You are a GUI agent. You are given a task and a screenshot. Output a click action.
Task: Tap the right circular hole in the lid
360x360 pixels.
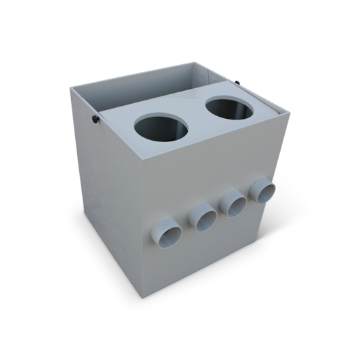pyautogui.click(x=231, y=111)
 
